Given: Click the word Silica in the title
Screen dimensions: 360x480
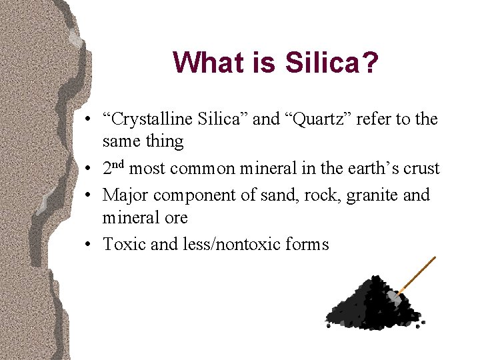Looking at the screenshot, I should tap(323, 63).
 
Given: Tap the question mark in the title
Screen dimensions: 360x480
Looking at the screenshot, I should tap(370, 63).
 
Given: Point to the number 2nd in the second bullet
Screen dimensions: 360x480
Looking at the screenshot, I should tap(114, 168).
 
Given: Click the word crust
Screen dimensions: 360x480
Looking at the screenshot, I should tap(421, 169).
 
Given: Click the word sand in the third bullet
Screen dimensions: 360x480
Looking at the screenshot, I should tap(279, 195).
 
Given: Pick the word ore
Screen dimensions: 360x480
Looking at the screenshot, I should tap(176, 218).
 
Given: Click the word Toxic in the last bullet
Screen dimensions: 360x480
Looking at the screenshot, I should tap(125, 245).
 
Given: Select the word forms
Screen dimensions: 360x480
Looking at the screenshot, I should tap(308, 245).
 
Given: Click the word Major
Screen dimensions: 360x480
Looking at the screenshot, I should tap(126, 195).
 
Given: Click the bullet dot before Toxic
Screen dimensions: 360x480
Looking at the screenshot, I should tap(89, 245).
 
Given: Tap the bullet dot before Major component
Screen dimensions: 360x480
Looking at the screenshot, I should tap(89, 196).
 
